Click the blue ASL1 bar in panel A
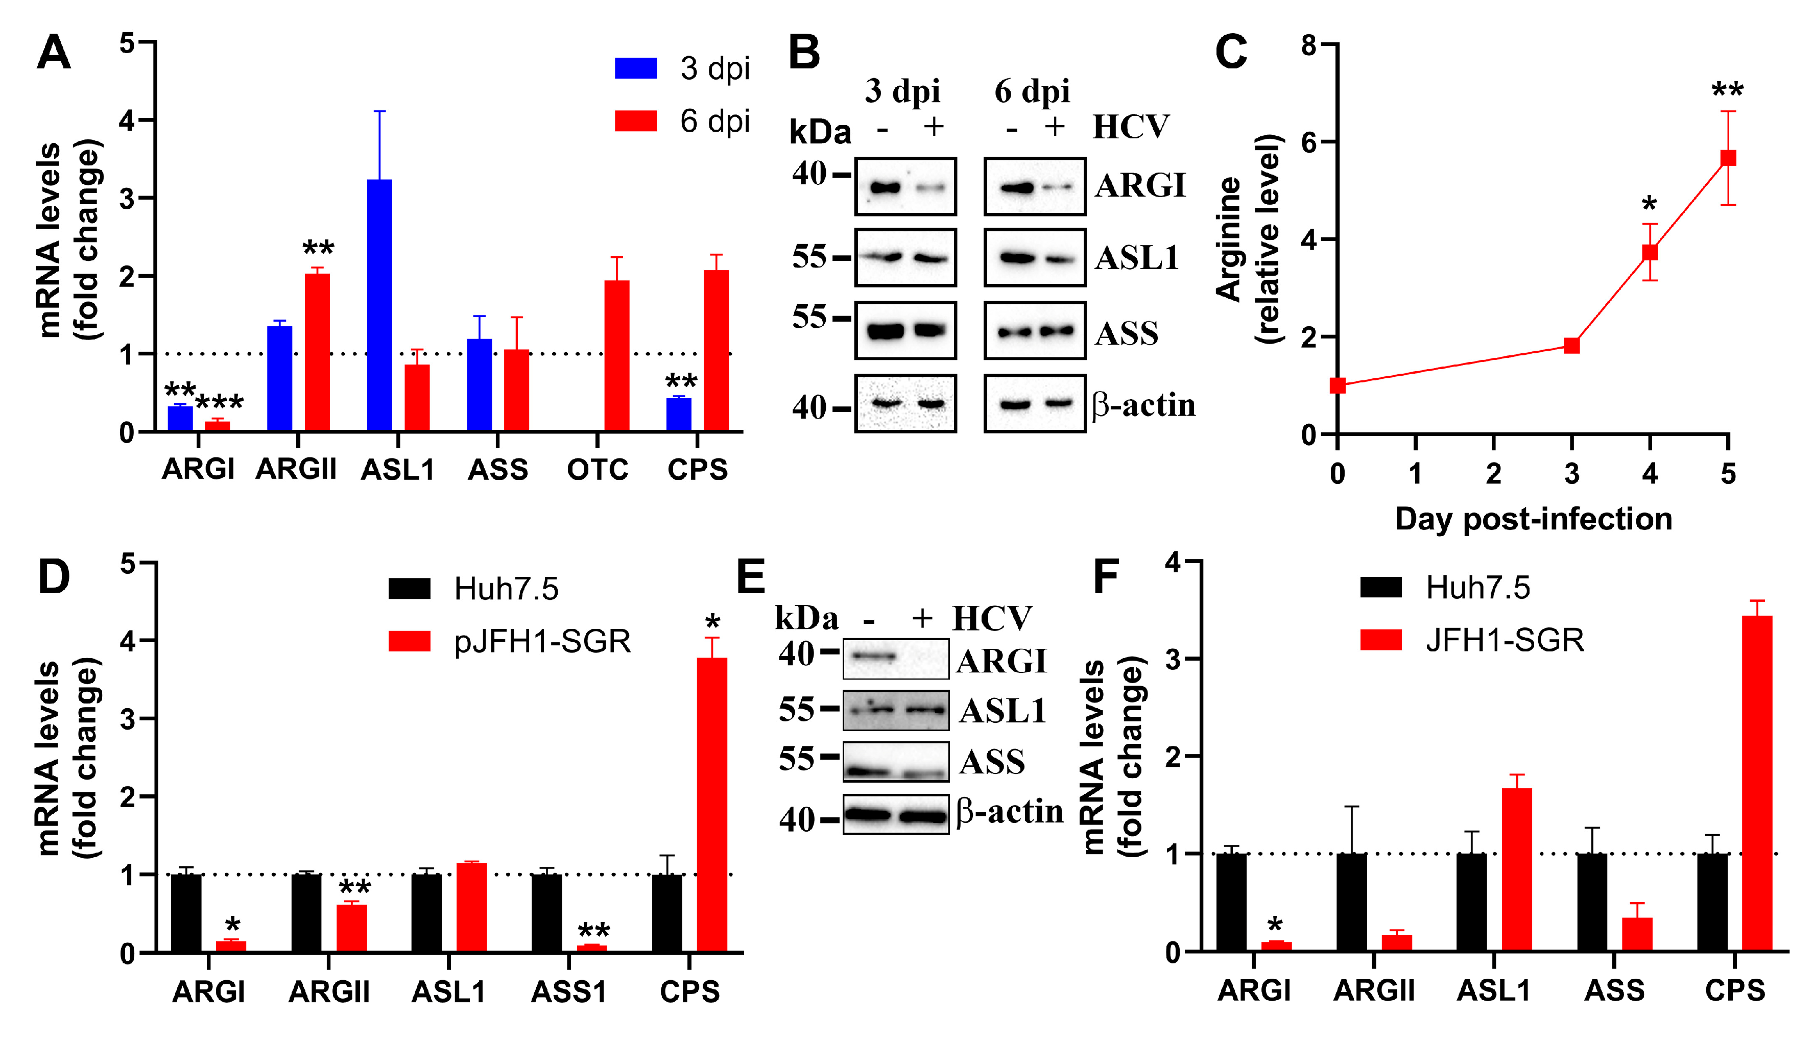380,304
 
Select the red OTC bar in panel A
617,355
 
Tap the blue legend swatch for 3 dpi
635,68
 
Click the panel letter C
1231,52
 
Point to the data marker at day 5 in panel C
1728,158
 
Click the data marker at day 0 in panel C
1337,385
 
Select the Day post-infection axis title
1533,519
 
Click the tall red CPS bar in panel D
711,804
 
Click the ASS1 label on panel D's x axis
569,991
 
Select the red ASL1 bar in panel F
1517,869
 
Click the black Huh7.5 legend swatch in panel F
1380,588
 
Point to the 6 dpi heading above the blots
1032,91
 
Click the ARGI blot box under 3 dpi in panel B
905,186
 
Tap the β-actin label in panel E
1010,812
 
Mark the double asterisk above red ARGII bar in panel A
318,249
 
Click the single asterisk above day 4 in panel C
1649,204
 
